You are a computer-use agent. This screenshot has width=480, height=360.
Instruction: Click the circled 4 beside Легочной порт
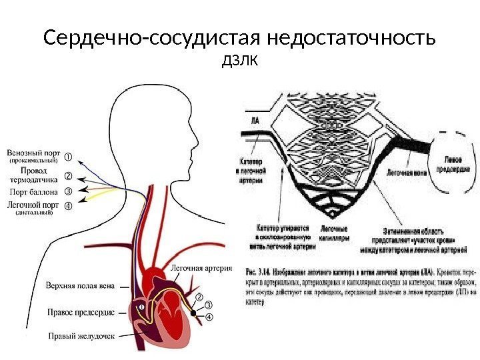(x=67, y=205)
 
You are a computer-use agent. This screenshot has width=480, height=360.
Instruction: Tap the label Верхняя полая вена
(x=79, y=285)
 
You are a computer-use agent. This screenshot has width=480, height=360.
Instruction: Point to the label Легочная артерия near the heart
(x=202, y=269)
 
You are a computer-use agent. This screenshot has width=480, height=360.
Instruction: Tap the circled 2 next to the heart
(x=198, y=296)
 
